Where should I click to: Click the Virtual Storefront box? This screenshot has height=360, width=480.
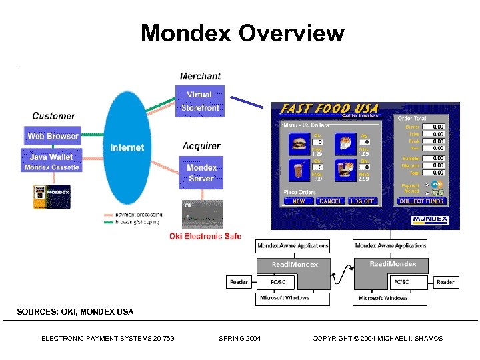199,101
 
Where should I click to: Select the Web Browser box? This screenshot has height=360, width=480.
53,136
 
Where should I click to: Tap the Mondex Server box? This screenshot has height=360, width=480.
201,173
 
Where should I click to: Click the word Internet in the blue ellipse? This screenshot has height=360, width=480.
127,147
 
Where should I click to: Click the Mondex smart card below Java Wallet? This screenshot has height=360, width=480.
52,197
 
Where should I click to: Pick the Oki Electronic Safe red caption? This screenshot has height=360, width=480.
205,236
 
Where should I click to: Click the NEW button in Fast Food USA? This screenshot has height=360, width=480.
299,201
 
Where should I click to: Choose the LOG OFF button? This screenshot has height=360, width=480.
363,201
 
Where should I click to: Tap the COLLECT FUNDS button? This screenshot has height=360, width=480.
421,201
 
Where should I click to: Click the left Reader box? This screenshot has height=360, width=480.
239,282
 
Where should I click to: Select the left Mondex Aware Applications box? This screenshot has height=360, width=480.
293,246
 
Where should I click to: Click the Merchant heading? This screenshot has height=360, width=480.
200,77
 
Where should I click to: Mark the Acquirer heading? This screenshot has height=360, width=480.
201,145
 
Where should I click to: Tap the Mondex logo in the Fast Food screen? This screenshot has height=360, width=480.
430,219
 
